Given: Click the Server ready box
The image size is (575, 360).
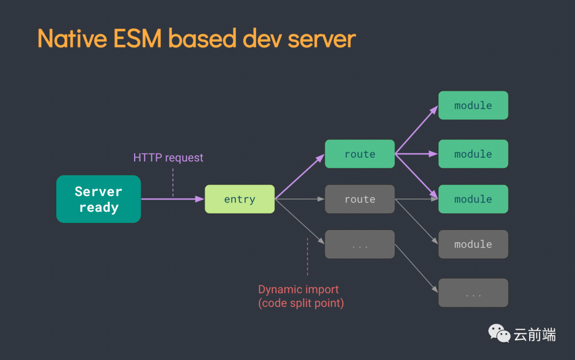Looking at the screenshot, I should pyautogui.click(x=98, y=199).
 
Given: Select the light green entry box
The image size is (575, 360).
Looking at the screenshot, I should pyautogui.click(x=240, y=199).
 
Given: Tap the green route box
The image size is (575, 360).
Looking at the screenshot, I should pyautogui.click(x=359, y=154).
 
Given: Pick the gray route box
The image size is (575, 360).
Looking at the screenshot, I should pyautogui.click(x=359, y=199).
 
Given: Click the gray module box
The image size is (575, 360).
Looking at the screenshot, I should pyautogui.click(x=473, y=244).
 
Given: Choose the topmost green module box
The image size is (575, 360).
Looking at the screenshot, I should pyautogui.click(x=473, y=105).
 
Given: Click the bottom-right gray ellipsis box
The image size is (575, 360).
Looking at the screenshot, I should pyautogui.click(x=473, y=293).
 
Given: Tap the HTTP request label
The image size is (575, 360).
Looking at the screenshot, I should pyautogui.click(x=168, y=158).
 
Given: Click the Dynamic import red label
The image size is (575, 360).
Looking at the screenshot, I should pyautogui.click(x=298, y=290).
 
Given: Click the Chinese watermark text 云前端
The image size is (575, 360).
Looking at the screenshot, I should pyautogui.click(x=535, y=334).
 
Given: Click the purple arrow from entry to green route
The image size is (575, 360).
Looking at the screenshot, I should pyautogui.click(x=299, y=177).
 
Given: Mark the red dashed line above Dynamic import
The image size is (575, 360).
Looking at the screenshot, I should pyautogui.click(x=307, y=257).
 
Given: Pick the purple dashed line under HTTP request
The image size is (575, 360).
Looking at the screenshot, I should pyautogui.click(x=173, y=183).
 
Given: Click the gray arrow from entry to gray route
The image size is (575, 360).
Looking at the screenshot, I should pyautogui.click(x=299, y=199).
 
